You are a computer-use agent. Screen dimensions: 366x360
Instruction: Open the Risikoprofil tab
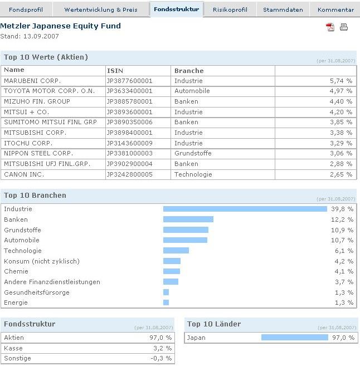coord(230,9)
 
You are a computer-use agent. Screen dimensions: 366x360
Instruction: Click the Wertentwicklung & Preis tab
coord(101,9)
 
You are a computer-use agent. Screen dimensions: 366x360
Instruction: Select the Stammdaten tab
coord(283,9)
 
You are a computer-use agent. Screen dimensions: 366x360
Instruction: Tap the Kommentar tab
coord(335,9)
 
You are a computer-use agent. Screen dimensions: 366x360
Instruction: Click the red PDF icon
coord(330,27)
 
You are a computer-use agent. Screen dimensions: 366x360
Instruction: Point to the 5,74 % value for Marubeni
coord(341,81)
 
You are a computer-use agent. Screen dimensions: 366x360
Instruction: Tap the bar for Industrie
coord(245,209)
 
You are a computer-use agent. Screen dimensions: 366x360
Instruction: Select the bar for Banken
coord(188,219)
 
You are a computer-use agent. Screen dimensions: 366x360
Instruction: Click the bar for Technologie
coord(176,251)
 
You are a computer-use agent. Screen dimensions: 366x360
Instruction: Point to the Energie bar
coord(166,302)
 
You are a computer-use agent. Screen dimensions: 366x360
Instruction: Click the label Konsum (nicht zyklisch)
coord(42,261)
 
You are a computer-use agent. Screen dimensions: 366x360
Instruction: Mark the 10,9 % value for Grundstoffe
coord(342,230)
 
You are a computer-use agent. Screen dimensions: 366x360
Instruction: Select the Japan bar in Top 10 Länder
coord(294,338)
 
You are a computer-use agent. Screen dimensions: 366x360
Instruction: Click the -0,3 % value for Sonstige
coord(162,358)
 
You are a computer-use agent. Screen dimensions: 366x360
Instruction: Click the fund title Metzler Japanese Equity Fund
coord(60,26)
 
